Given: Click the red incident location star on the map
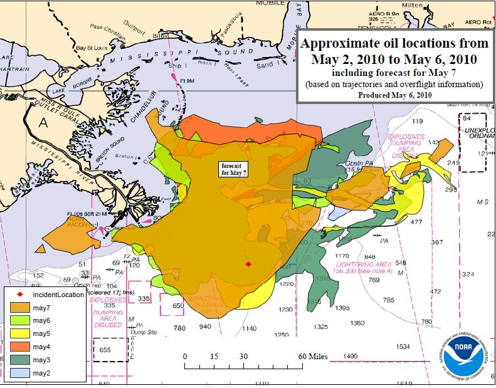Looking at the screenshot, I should [x=249, y=265].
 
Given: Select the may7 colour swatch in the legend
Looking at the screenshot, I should [x=24, y=307].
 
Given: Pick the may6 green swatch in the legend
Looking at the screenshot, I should [x=24, y=320].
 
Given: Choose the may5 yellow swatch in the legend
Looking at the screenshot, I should [x=24, y=333].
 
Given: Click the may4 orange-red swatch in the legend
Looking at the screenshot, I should [x=24, y=347].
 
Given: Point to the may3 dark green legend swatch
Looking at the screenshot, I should [x=24, y=360].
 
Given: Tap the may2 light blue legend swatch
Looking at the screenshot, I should [x=24, y=373].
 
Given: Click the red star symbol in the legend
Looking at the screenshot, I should [x=23, y=295].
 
